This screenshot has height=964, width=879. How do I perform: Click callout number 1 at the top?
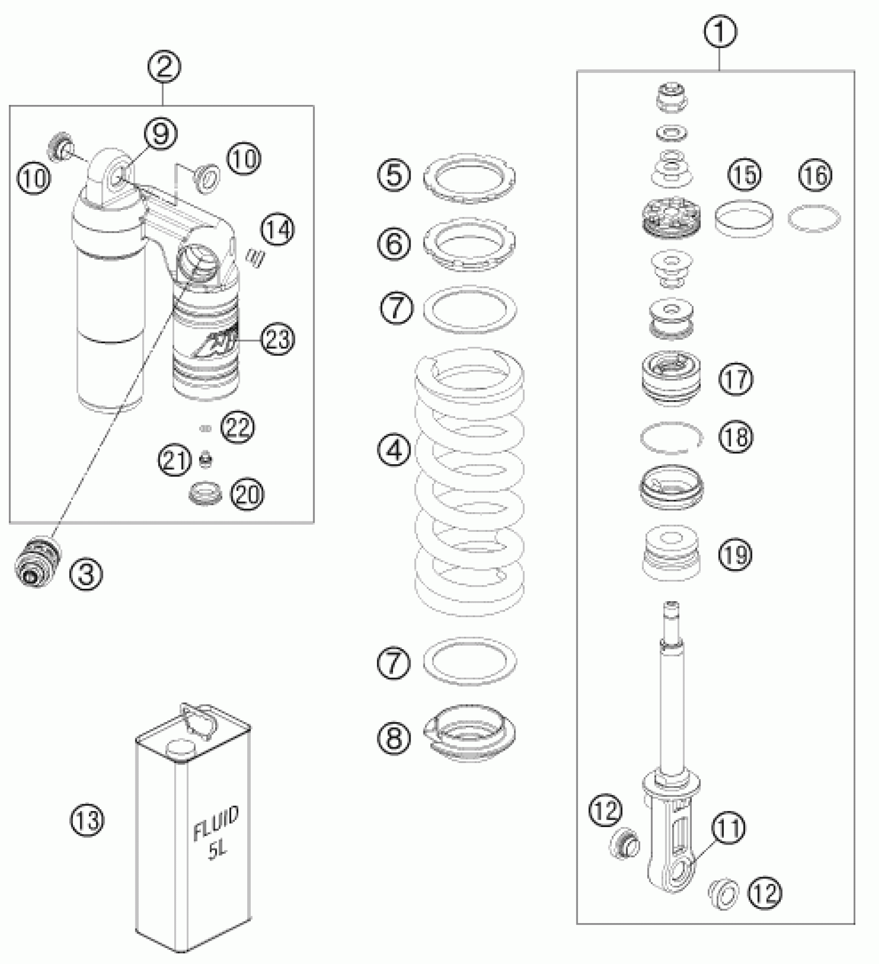coord(720,32)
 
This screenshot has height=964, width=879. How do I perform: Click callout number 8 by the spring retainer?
coord(394,737)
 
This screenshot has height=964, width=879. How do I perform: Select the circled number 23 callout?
coord(278,340)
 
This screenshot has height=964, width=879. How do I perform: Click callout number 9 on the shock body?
coord(160,134)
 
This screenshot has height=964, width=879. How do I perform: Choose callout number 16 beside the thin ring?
coord(816,175)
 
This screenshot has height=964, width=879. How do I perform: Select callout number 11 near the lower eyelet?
coord(728,828)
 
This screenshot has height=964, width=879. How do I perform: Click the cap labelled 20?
coord(205,493)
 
